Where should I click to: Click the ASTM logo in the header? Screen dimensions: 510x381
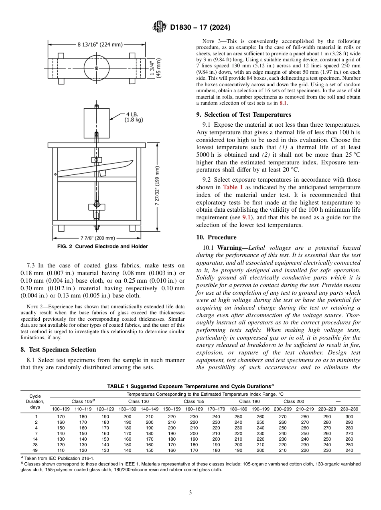[x=160, y=27]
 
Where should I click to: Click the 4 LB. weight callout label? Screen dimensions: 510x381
[x=134, y=117]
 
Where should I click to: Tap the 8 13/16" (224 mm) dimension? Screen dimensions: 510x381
[x=100, y=45]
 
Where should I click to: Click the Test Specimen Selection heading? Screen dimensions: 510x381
[x=58, y=350]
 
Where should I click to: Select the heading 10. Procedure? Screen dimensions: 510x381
[x=216, y=237]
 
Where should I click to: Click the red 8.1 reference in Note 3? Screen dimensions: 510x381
[x=283, y=103]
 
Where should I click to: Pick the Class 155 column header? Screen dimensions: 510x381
[x=194, y=401]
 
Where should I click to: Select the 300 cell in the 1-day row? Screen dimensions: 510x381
[x=349, y=417]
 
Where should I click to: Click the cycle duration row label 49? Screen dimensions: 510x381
[x=36, y=450]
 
